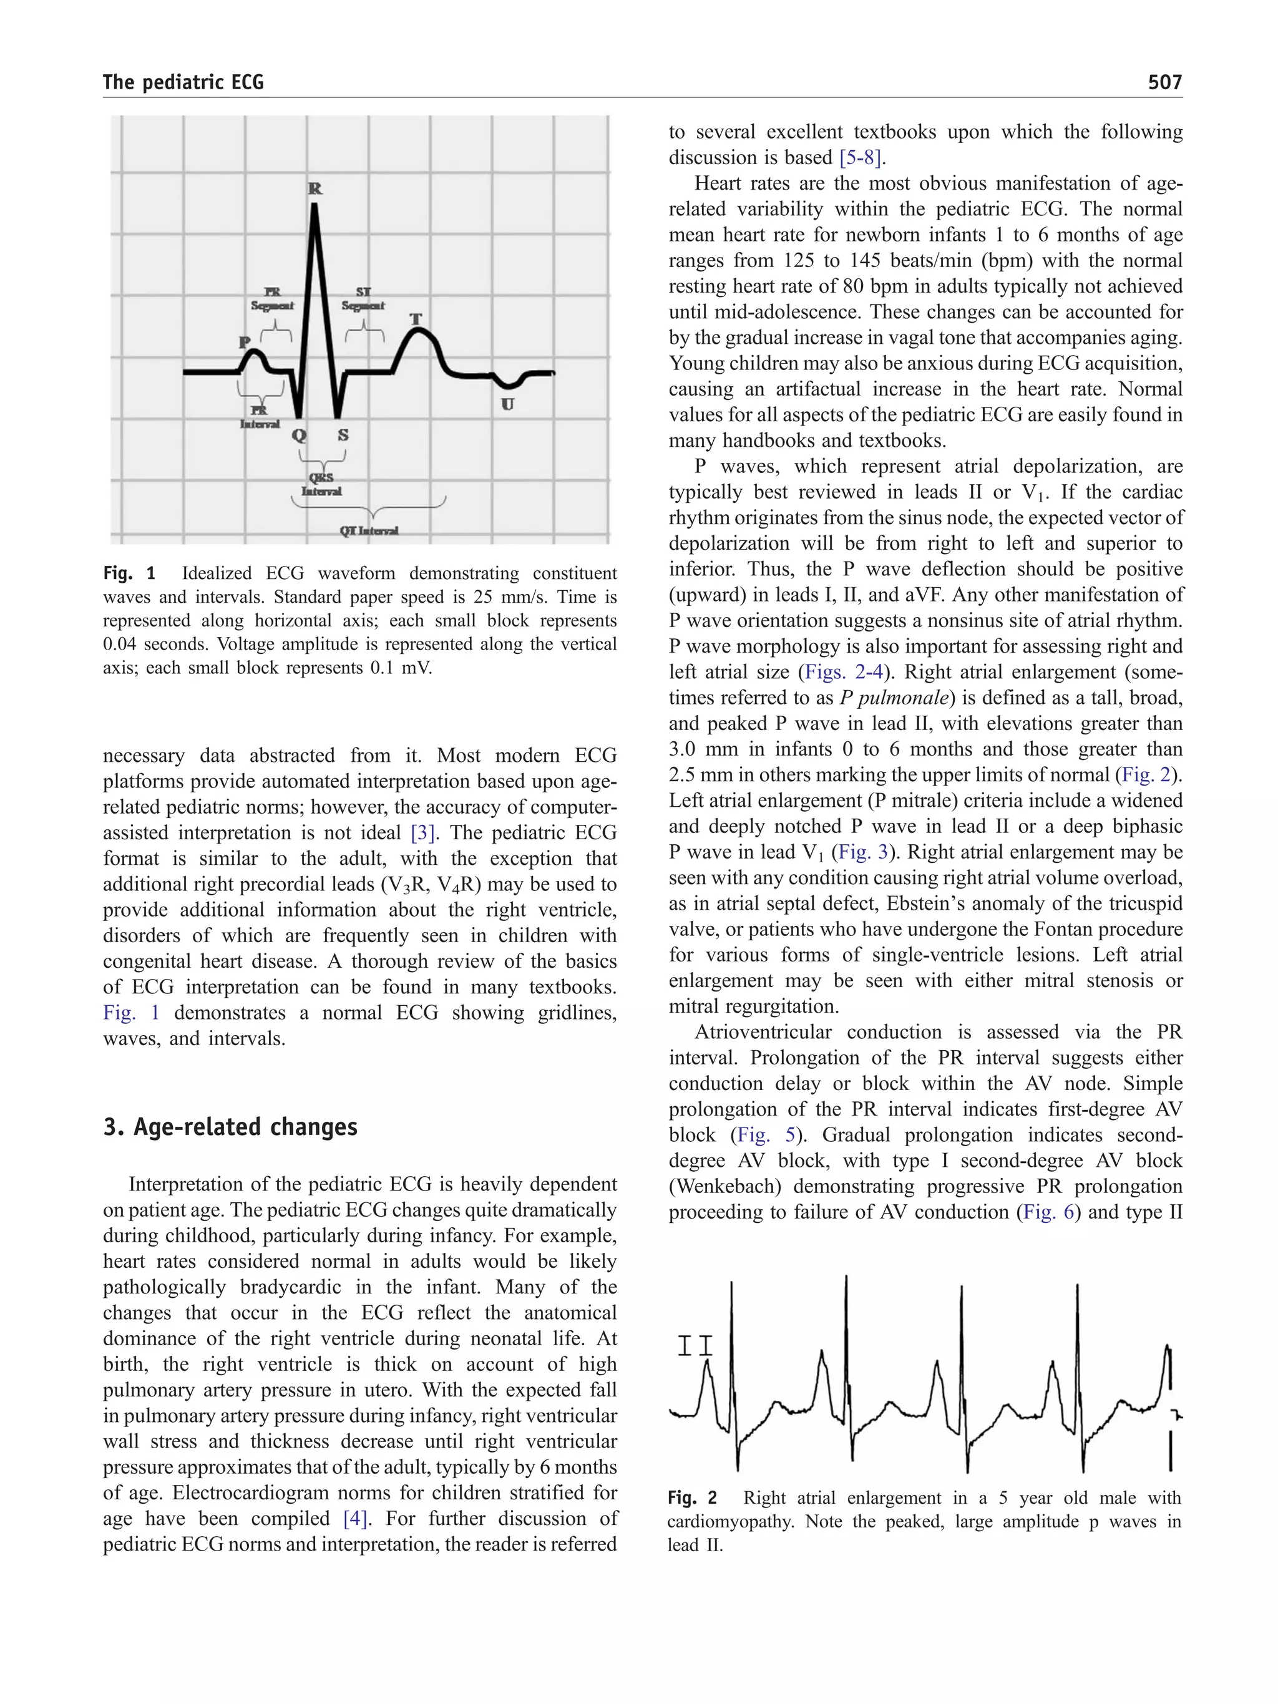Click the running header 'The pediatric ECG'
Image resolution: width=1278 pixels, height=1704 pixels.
(183, 82)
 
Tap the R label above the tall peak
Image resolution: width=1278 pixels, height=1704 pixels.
(315, 188)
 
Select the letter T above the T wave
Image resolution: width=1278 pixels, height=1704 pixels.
(416, 319)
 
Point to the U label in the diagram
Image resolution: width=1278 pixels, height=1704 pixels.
(508, 404)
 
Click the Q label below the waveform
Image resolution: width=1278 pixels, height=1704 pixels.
(299, 436)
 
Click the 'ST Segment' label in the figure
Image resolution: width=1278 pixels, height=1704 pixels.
(363, 299)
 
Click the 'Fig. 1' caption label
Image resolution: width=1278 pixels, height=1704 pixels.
(129, 573)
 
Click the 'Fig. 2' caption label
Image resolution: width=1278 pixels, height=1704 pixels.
(692, 1497)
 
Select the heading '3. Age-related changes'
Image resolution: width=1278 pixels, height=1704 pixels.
(230, 1127)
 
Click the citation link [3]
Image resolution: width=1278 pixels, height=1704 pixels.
(424, 833)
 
